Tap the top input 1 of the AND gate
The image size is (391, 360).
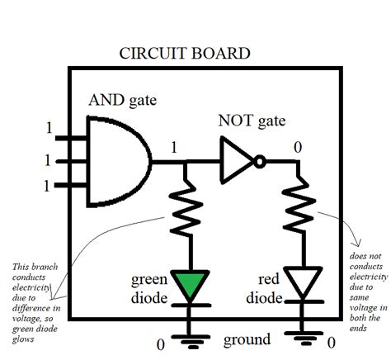(x=48, y=130)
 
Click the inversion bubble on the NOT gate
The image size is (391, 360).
(x=261, y=162)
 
